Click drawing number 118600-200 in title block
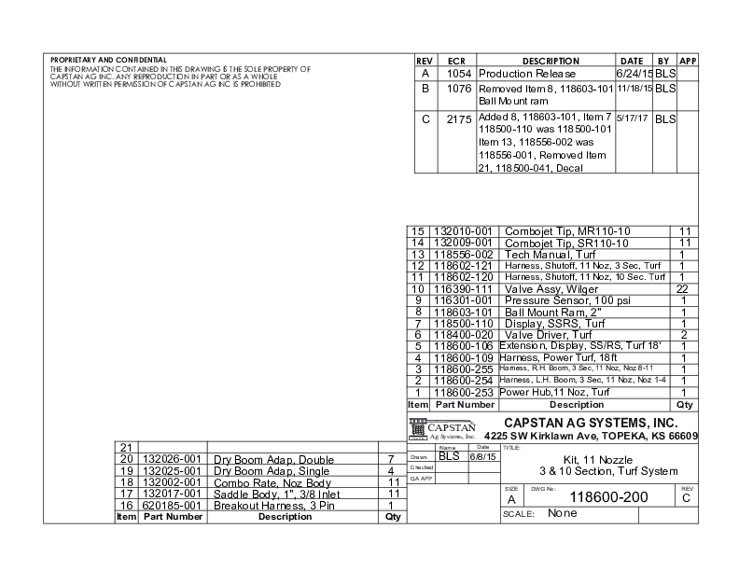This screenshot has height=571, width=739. coord(608,496)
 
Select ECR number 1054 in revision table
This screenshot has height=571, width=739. coord(457,73)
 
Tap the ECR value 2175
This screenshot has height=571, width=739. coord(457,119)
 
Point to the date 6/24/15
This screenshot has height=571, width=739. coord(634,73)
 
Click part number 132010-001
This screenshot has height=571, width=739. coord(463,230)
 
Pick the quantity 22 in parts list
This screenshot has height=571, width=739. coord(683,289)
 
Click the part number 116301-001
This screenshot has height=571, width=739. coord(463,300)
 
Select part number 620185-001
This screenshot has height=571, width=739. coord(172,504)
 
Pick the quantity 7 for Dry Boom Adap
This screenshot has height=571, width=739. coord(390,459)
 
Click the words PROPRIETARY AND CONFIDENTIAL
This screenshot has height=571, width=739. coord(108,59)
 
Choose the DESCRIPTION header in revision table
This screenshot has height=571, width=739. coord(551,60)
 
